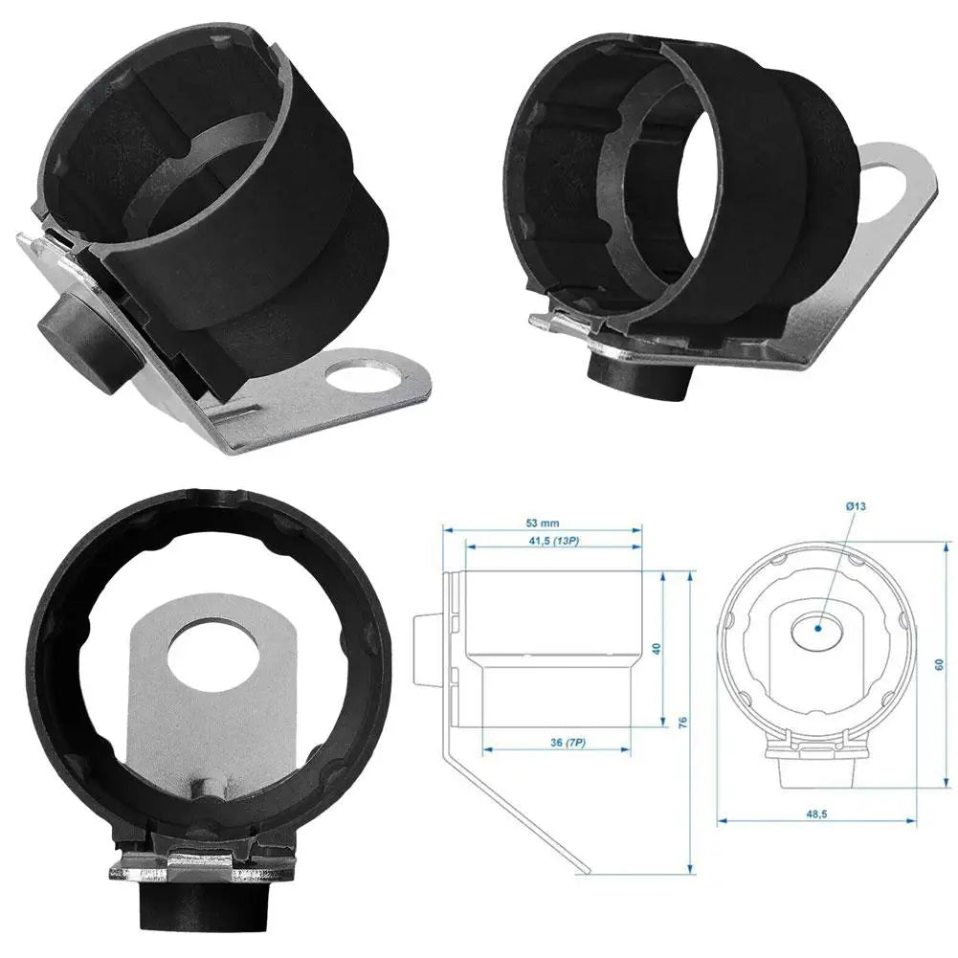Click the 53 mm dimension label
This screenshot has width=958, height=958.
(543, 523)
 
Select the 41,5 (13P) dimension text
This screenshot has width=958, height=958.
(552, 542)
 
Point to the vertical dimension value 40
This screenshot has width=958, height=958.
(657, 648)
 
